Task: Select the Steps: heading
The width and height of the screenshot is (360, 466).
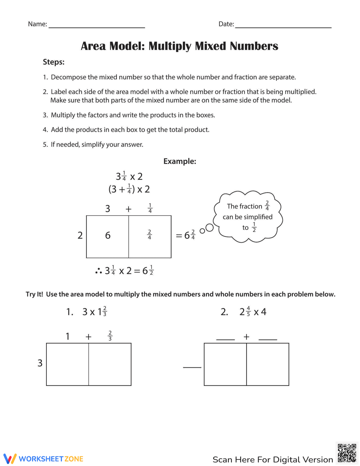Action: point(54,62)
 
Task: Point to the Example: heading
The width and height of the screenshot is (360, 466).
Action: point(180,161)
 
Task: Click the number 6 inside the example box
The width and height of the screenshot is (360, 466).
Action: point(108,236)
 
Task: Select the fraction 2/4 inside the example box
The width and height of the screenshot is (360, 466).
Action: point(149,235)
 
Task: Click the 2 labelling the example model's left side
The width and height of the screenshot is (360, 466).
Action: point(80,236)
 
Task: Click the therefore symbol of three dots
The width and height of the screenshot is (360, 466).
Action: point(99,271)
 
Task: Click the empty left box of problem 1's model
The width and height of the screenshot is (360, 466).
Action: point(68,364)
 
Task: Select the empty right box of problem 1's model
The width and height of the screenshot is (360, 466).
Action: point(110,364)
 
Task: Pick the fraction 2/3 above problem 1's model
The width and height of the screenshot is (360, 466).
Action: point(110,336)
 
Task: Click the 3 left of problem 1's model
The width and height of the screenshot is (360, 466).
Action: point(40,363)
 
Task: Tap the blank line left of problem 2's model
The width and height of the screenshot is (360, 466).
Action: point(192,367)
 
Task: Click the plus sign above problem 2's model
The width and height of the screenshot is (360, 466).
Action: point(246,337)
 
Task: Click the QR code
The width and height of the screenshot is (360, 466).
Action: point(347,453)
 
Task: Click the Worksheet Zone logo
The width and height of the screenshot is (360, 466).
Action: point(44,459)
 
